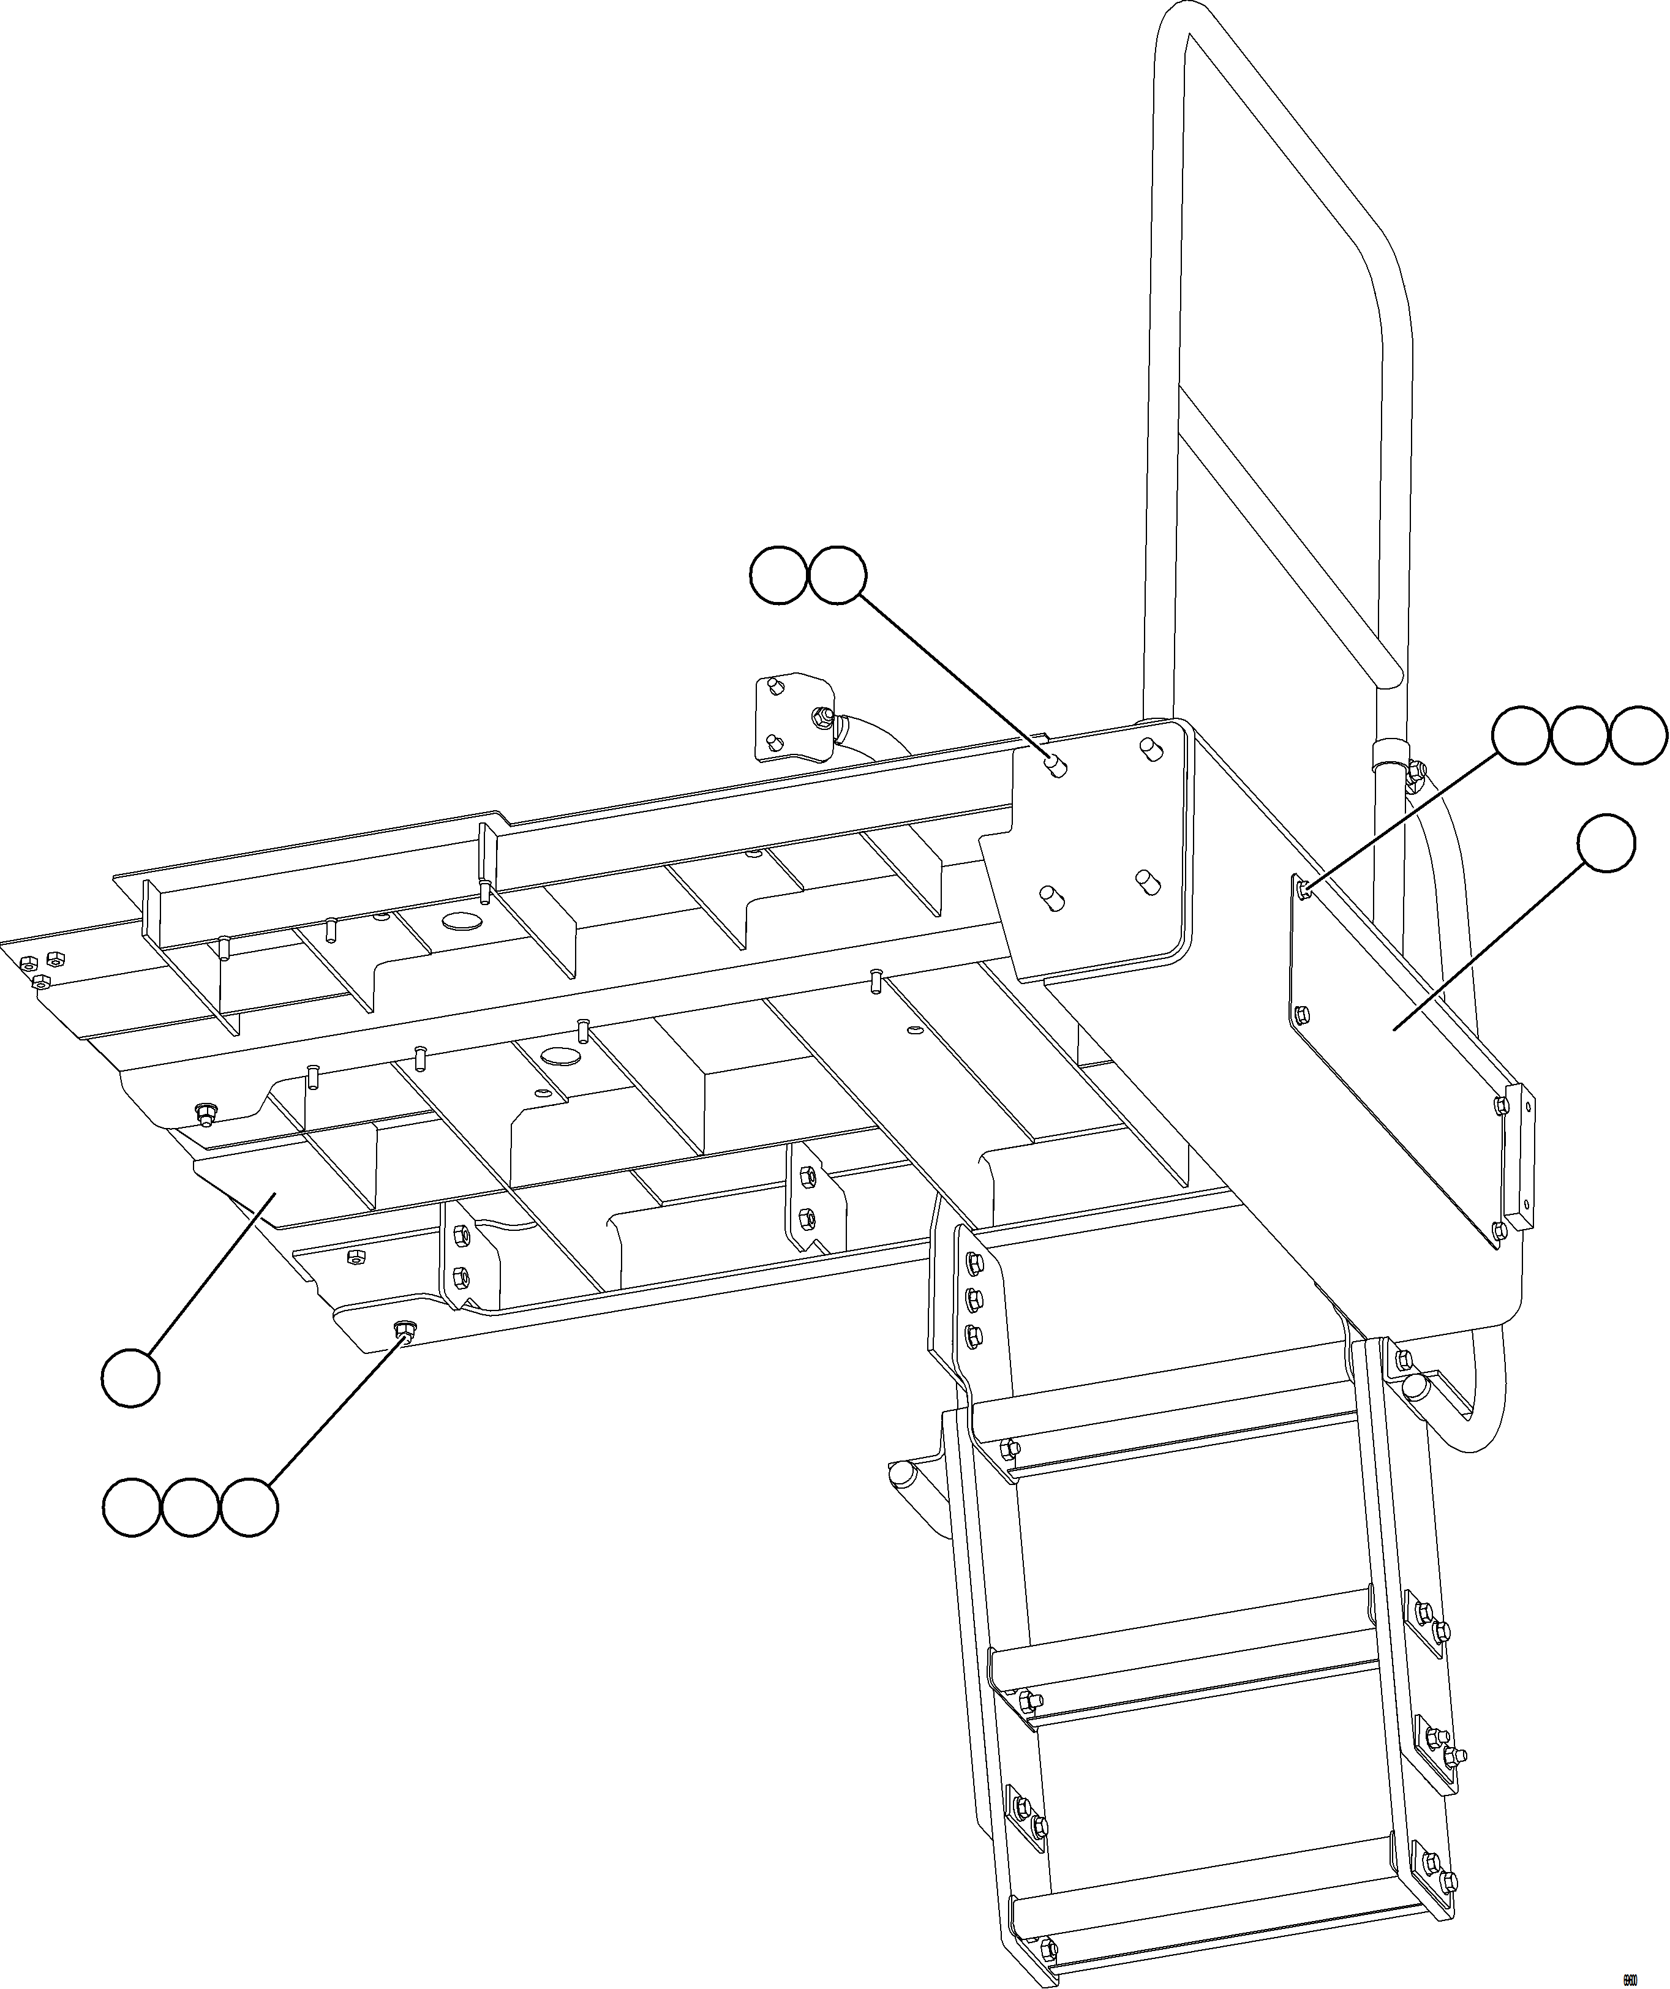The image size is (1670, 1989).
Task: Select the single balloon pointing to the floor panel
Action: [130, 1377]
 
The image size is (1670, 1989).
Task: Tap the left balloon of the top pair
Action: [778, 574]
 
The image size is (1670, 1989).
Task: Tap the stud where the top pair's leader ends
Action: [1056, 765]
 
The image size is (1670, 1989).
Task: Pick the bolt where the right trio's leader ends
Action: [1305, 887]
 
